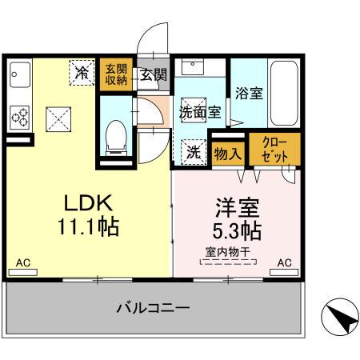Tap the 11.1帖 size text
tap(88, 227)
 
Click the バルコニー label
tap(152, 307)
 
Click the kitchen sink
tap(18, 77)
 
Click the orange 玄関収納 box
tap(117, 75)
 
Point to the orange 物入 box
tap(228, 152)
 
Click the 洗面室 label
tap(200, 112)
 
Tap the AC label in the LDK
tap(24, 262)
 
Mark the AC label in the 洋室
tap(284, 262)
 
